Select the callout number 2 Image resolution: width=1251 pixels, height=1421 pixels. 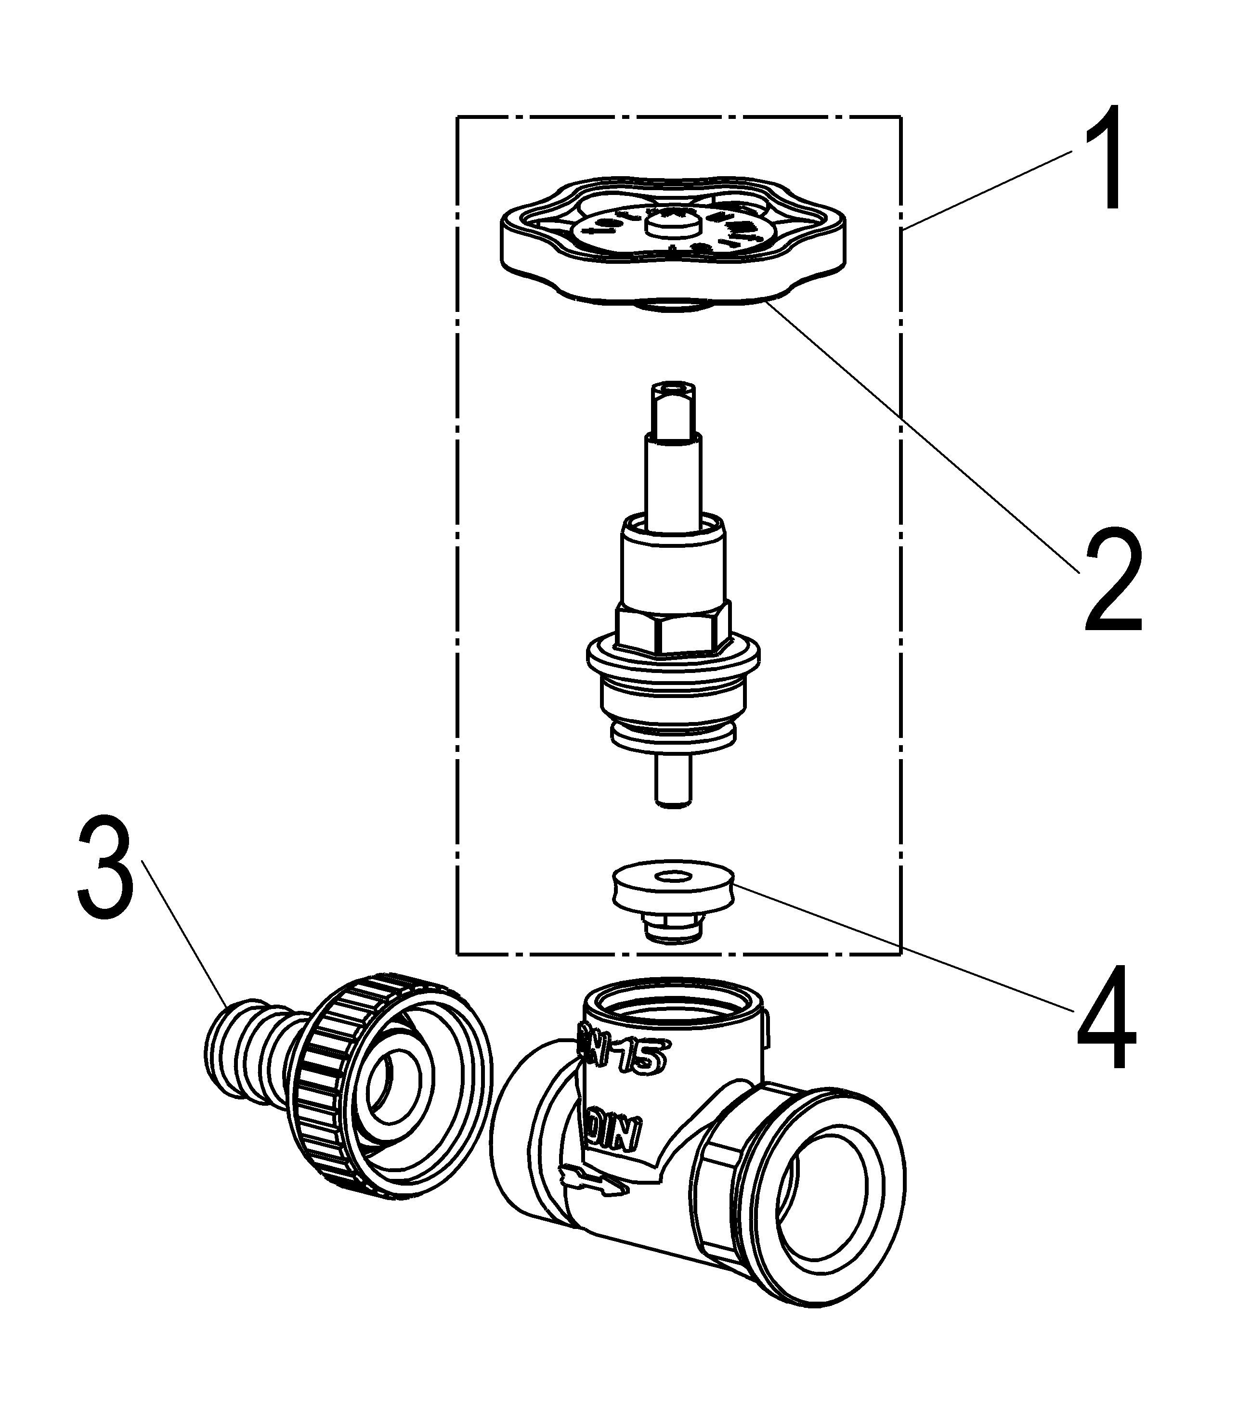pos(1113,579)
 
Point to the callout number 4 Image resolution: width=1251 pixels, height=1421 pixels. pos(1107,1016)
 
